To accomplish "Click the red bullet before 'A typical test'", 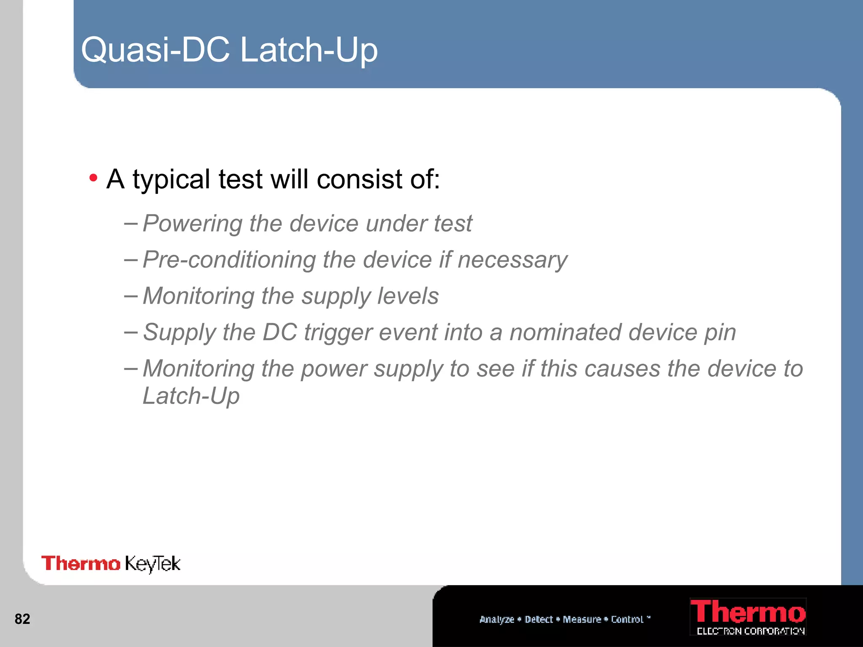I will pyautogui.click(x=93, y=178).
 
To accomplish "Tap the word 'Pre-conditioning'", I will pyautogui.click(x=229, y=260).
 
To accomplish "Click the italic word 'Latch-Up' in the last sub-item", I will pyautogui.click(x=191, y=396).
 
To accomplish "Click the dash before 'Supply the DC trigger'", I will pyautogui.click(x=131, y=332).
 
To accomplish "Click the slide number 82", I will pyautogui.click(x=22, y=619).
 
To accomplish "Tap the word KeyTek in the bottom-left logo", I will pyautogui.click(x=153, y=564).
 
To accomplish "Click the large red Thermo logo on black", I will pyautogui.click(x=748, y=612).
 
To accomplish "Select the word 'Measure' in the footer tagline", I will pyautogui.click(x=582, y=619).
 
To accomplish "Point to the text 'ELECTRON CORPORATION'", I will pyautogui.click(x=750, y=631).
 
